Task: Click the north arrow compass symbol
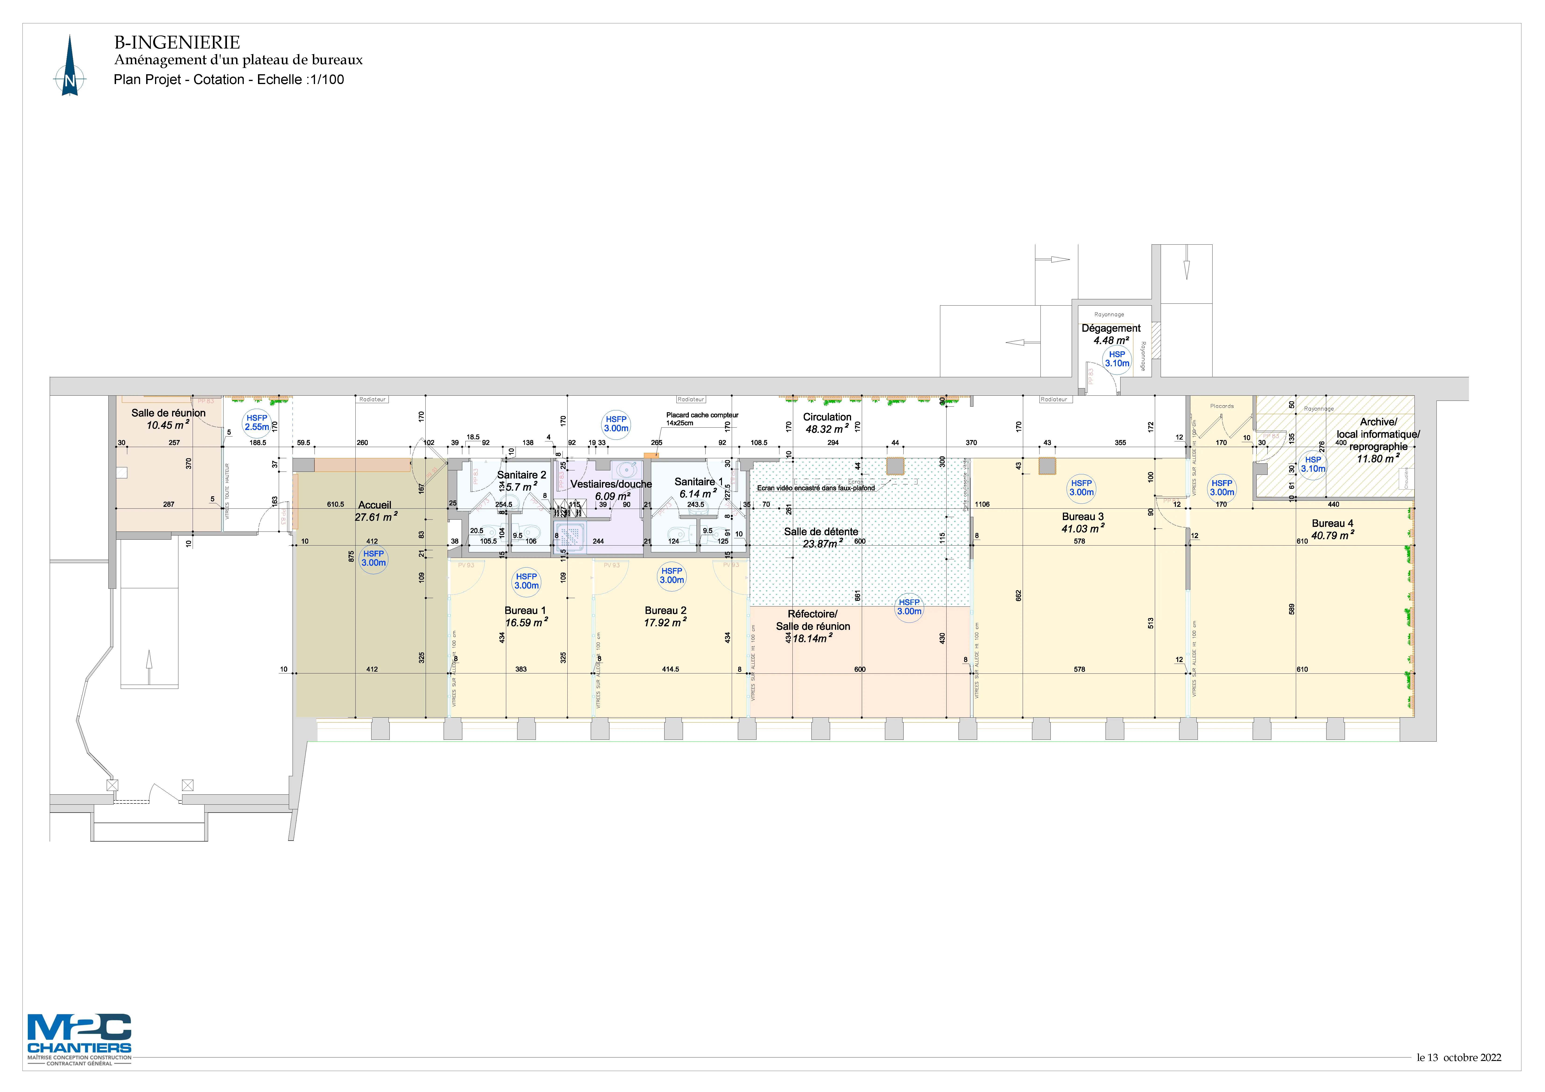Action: (x=70, y=67)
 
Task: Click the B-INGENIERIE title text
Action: (x=177, y=42)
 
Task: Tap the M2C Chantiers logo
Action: (x=79, y=1034)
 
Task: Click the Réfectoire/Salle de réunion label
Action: (x=813, y=620)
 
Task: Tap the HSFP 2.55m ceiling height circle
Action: (x=256, y=423)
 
